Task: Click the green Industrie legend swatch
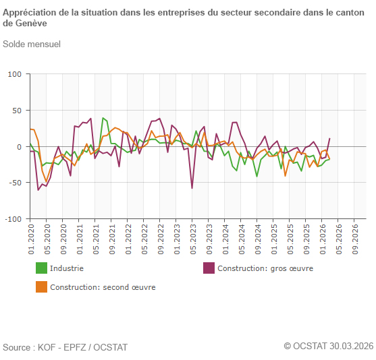[x=41, y=268]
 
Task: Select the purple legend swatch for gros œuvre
[x=209, y=268]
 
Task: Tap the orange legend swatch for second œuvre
[x=41, y=287]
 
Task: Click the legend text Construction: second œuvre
[x=103, y=287]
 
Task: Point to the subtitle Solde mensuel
[x=32, y=44]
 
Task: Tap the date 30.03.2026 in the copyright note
[x=351, y=346]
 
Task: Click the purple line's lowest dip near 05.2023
[x=192, y=188]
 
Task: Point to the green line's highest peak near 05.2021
[x=103, y=118]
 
